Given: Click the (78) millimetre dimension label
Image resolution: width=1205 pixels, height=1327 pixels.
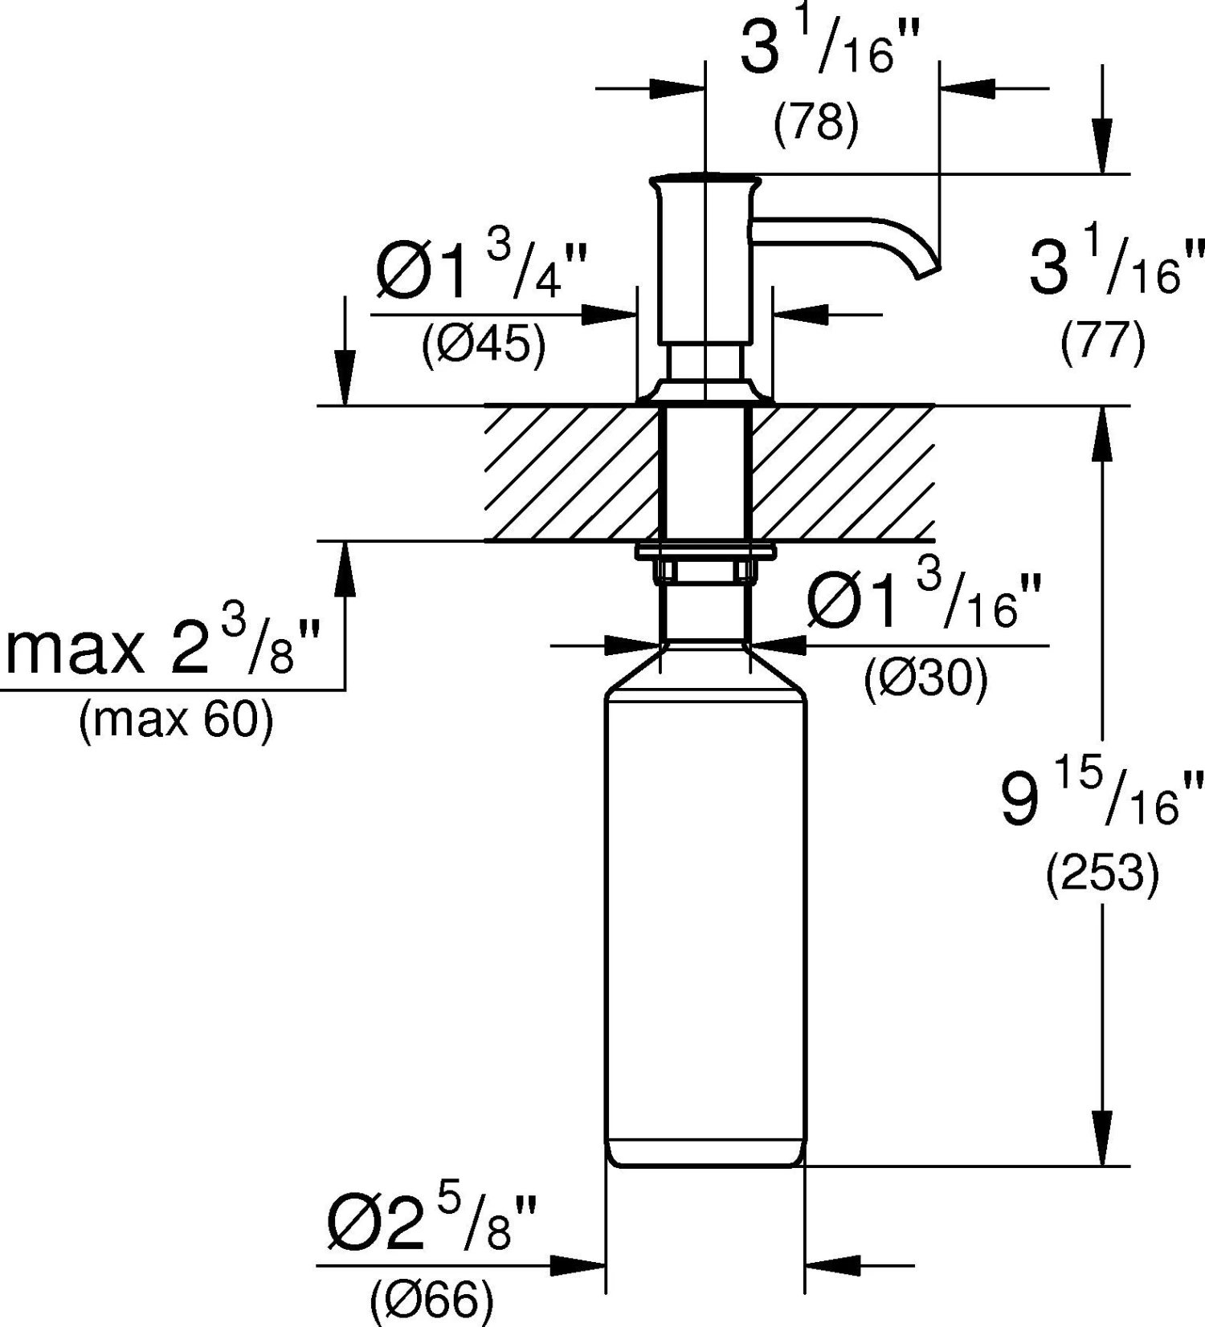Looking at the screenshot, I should coord(816,124).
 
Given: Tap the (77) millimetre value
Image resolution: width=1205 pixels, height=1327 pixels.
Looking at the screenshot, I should coord(1102,343).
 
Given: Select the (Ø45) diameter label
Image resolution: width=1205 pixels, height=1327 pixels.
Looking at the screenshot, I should coord(484,346).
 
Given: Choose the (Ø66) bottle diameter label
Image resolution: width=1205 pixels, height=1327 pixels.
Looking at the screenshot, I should coord(431,1300).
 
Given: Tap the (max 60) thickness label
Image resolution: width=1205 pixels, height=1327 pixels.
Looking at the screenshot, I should coord(176,720).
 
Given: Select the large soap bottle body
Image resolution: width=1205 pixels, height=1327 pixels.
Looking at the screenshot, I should coord(705,923).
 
